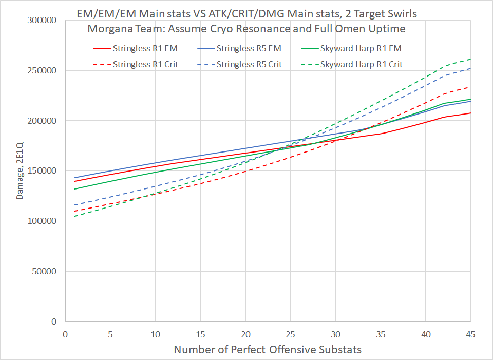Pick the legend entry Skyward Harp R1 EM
click(348, 49)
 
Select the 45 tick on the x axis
click(470, 334)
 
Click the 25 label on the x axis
click(290, 334)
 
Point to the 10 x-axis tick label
click(155, 334)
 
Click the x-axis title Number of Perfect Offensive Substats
click(268, 350)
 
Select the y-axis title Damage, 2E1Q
click(19, 171)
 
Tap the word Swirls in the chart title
click(395, 13)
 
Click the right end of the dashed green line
click(470, 59)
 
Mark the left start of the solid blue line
click(74, 178)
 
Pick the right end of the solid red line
click(470, 113)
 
